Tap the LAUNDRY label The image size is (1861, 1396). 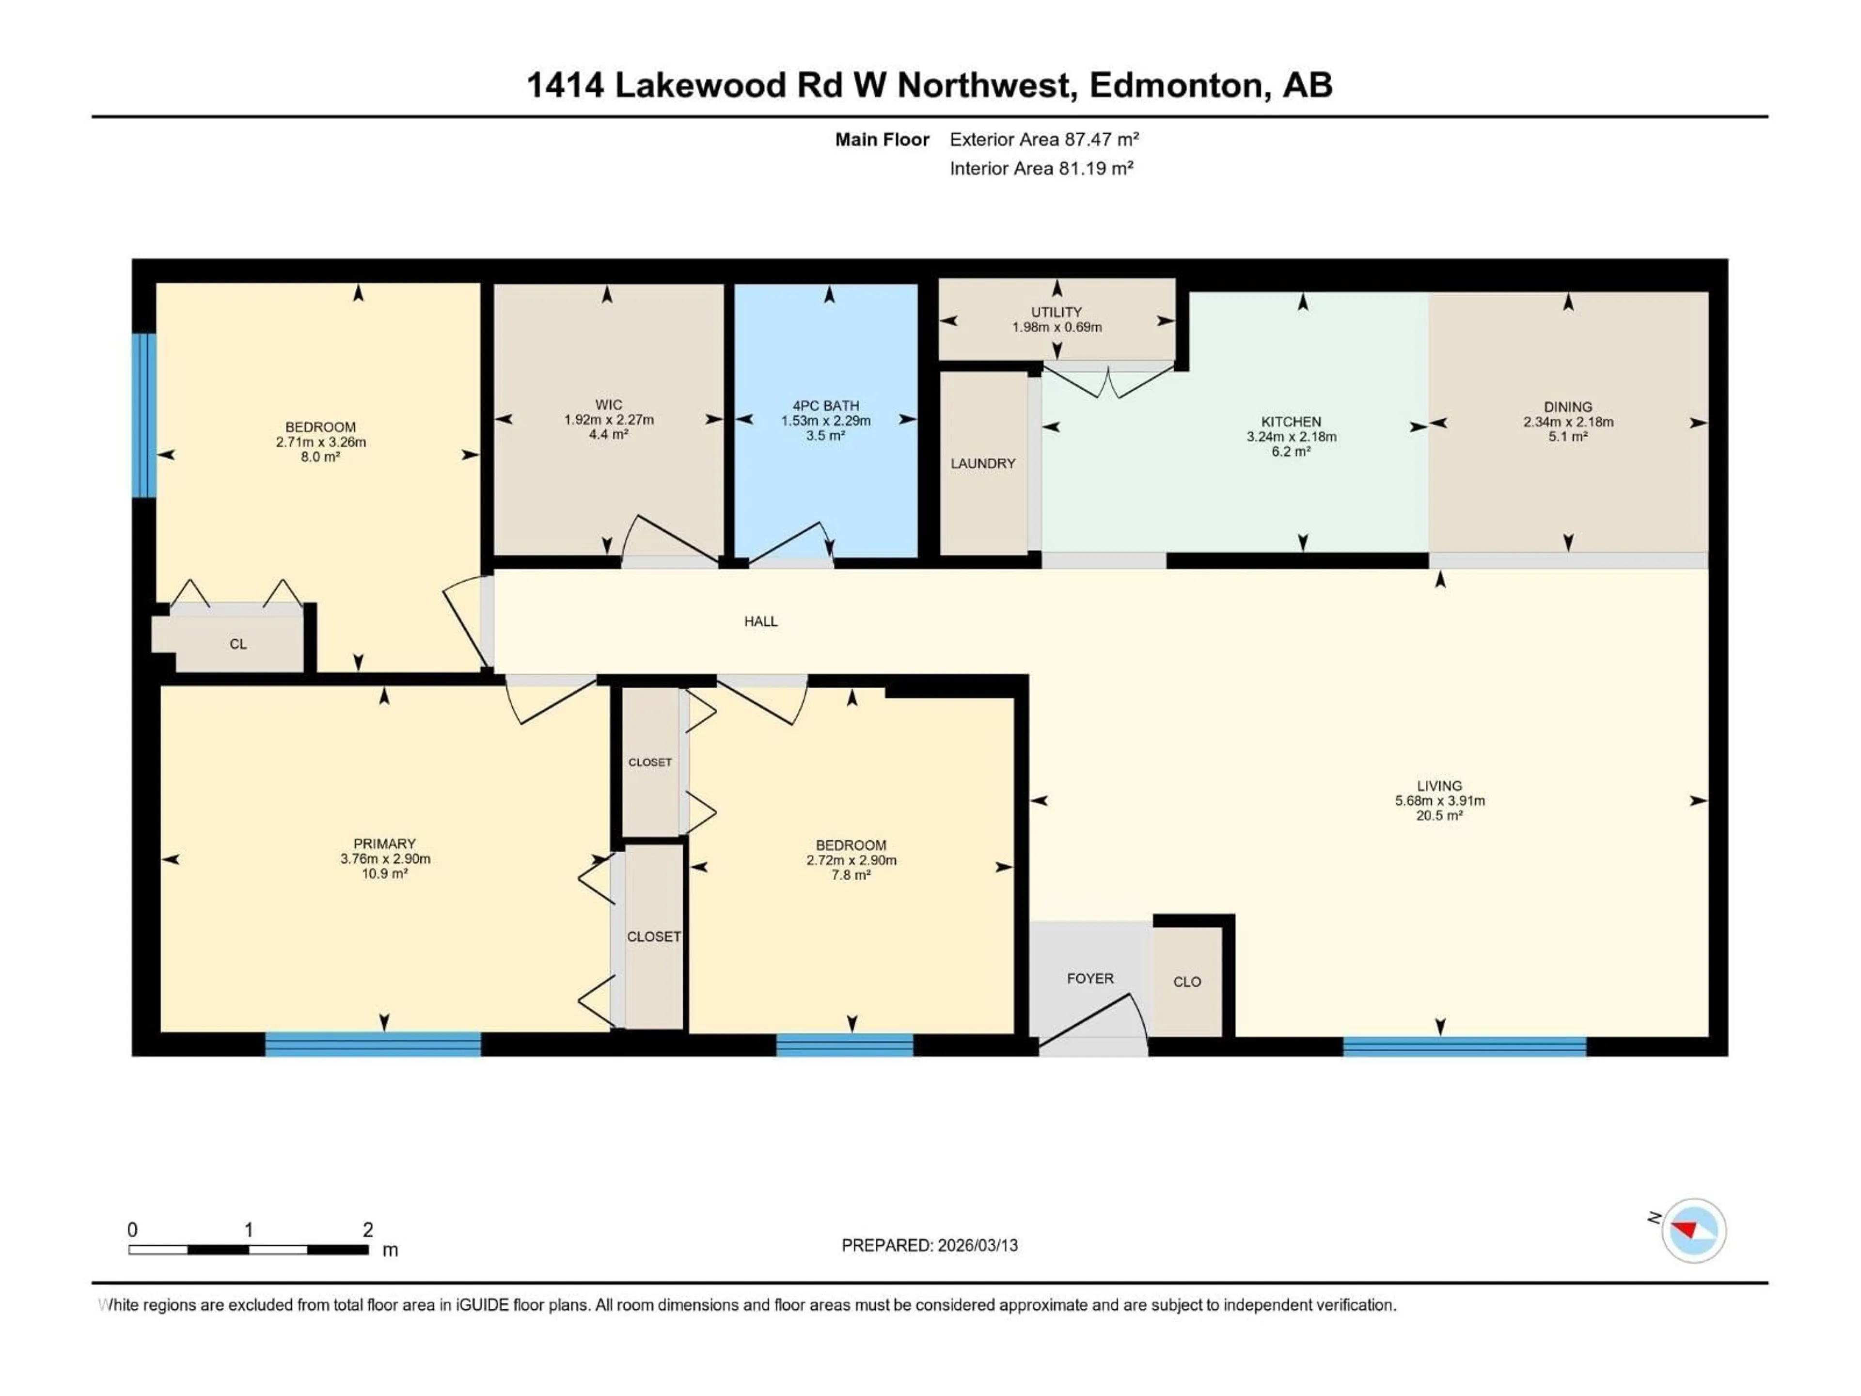point(983,464)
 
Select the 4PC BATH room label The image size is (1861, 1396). point(825,406)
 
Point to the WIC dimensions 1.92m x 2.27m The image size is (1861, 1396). point(608,420)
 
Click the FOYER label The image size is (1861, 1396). point(1089,979)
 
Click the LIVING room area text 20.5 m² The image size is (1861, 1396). point(1439,815)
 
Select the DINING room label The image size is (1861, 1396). point(1567,406)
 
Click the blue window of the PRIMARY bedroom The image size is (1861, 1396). point(373,1044)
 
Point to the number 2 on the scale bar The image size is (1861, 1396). point(368,1229)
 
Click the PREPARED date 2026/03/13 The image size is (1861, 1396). point(975,1245)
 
